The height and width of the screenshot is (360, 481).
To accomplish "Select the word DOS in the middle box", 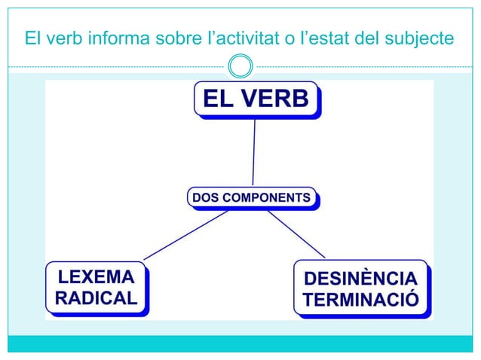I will click(205, 197).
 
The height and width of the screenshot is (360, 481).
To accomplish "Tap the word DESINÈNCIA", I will click(360, 279).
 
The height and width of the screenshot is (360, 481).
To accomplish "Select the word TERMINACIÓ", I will click(360, 300).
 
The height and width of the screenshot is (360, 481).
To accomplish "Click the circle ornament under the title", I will click(240, 66).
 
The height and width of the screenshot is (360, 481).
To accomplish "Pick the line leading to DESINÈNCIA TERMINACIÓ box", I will click(296, 234).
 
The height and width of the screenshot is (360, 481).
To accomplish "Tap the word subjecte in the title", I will click(422, 37).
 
